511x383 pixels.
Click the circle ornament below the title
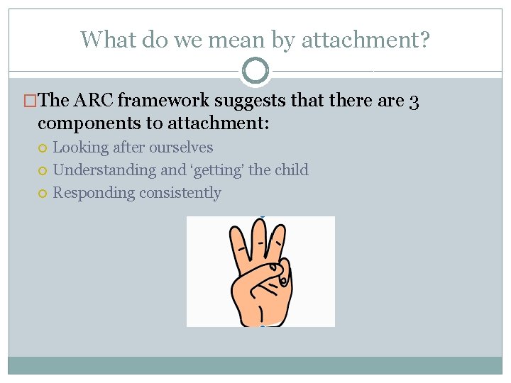click(x=255, y=71)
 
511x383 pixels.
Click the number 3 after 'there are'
click(x=414, y=101)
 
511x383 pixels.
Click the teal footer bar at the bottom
click(x=255, y=365)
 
